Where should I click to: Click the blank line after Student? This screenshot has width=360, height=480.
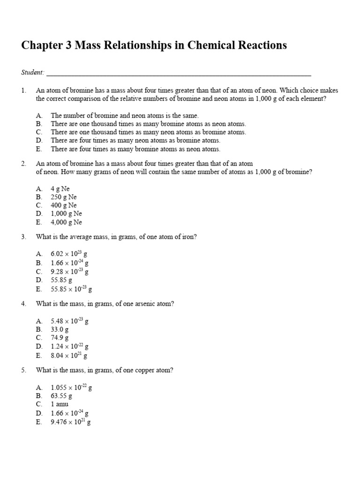179,74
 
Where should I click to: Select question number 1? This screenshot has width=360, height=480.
23,90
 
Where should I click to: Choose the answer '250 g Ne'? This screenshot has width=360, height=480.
63,197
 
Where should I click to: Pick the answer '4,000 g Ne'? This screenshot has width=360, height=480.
66,222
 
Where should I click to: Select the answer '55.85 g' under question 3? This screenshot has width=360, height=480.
61,280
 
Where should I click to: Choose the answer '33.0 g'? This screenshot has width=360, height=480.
60,330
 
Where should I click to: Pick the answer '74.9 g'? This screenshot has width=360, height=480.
60,338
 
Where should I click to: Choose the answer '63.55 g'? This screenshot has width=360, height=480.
61,396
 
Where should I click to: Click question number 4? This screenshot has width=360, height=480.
23,304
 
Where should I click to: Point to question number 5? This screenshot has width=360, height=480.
23,370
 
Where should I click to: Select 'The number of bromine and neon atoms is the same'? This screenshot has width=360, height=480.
125,115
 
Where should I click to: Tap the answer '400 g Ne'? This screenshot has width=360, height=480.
63,205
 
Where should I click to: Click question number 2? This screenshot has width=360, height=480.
23,164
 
